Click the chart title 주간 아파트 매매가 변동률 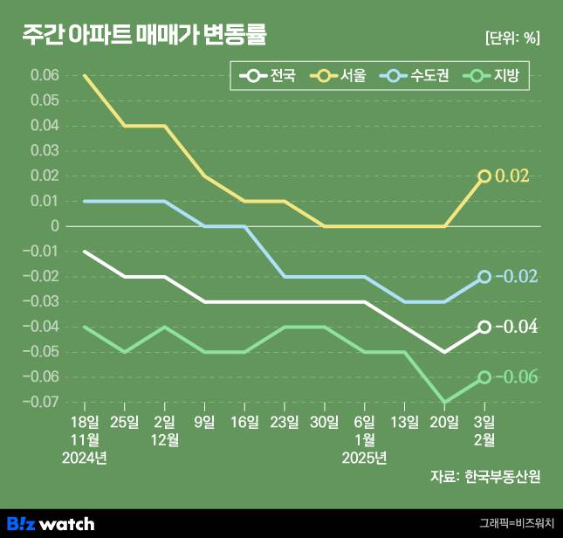click(144, 36)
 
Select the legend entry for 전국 click(270, 77)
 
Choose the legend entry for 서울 click(341, 77)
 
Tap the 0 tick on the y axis click(54, 226)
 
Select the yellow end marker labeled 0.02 click(484, 176)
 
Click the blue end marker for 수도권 click(484, 277)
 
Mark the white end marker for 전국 click(484, 328)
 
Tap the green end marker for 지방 click(484, 377)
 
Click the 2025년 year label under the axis click(365, 457)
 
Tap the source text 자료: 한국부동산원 click(485, 477)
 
